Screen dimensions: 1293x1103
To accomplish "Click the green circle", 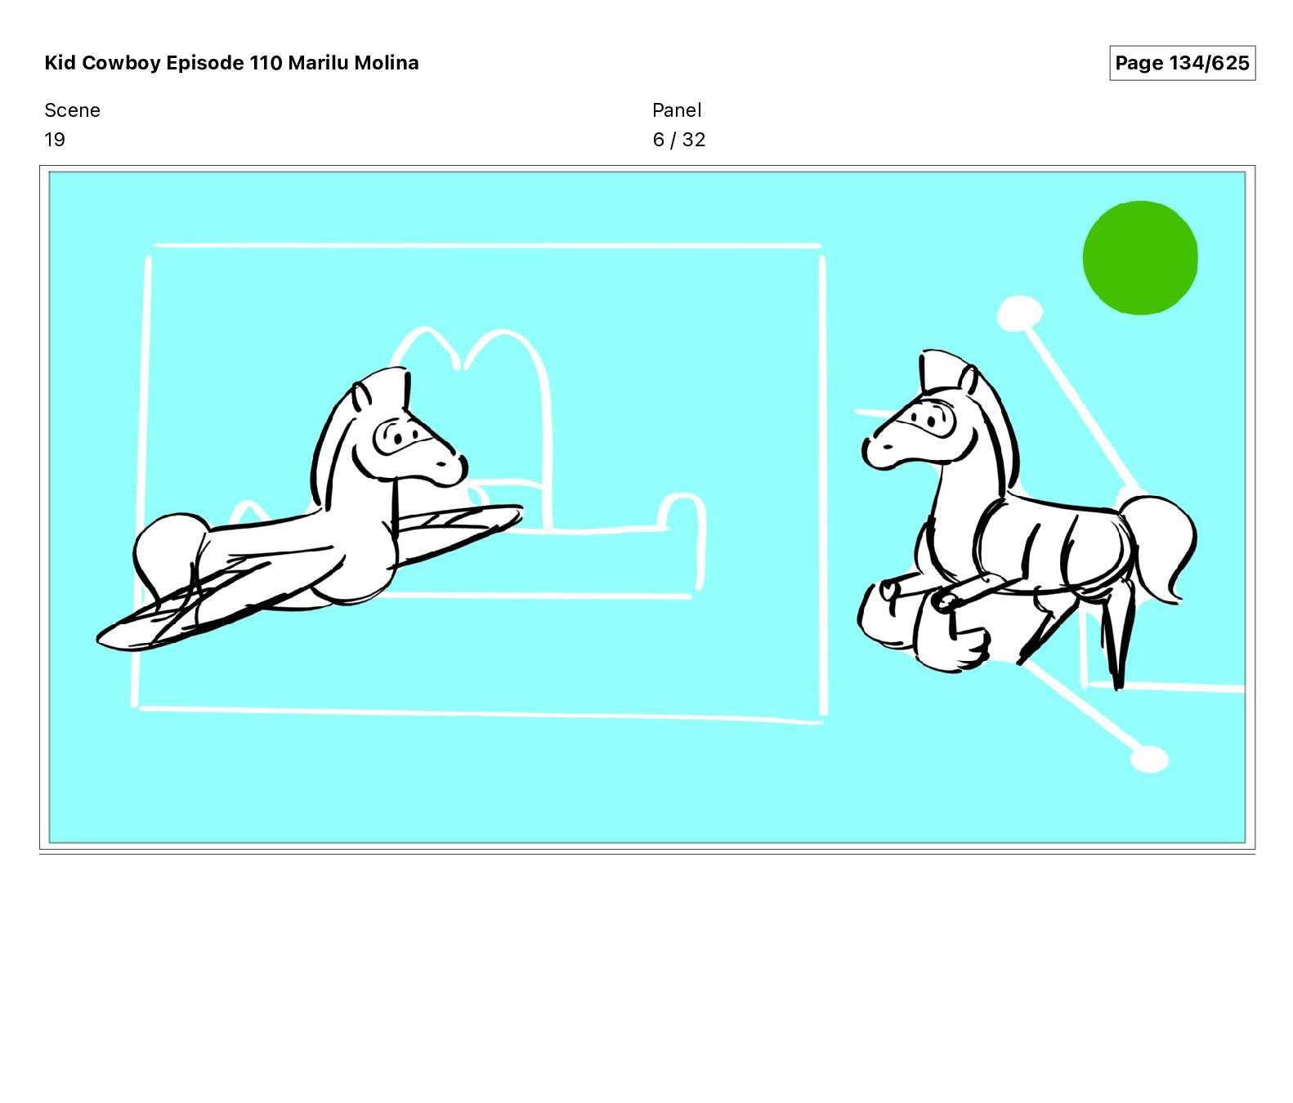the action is tap(1140, 257).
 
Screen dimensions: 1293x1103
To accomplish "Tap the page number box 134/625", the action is tap(1182, 63).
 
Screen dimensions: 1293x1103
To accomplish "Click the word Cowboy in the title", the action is tap(121, 63).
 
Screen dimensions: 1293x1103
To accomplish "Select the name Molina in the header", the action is tap(386, 63).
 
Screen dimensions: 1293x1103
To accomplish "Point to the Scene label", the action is tap(72, 110).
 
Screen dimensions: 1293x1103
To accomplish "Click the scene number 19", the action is tap(55, 140).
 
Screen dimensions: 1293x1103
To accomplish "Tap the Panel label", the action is tap(677, 110).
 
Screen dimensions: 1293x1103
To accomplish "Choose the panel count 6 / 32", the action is tap(678, 140).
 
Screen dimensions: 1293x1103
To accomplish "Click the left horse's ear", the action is tap(361, 396).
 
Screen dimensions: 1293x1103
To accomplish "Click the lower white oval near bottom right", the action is tap(1149, 759).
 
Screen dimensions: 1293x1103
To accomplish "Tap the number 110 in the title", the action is tap(266, 63).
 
